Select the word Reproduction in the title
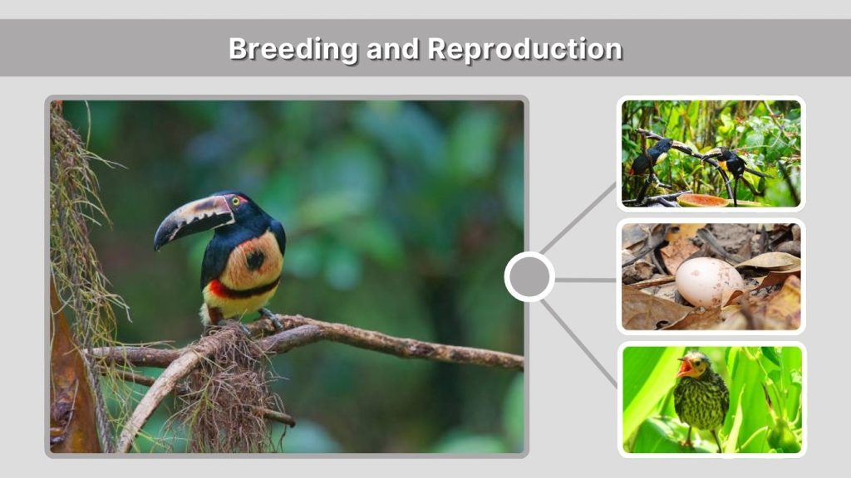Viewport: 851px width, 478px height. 524,49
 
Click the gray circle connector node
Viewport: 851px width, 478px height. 529,277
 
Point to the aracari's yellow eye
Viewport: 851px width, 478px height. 235,201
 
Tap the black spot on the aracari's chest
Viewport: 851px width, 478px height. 255,260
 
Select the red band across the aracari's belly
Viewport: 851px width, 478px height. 221,290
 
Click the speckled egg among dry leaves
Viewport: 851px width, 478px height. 706,281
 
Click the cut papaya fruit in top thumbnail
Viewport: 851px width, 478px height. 702,200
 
